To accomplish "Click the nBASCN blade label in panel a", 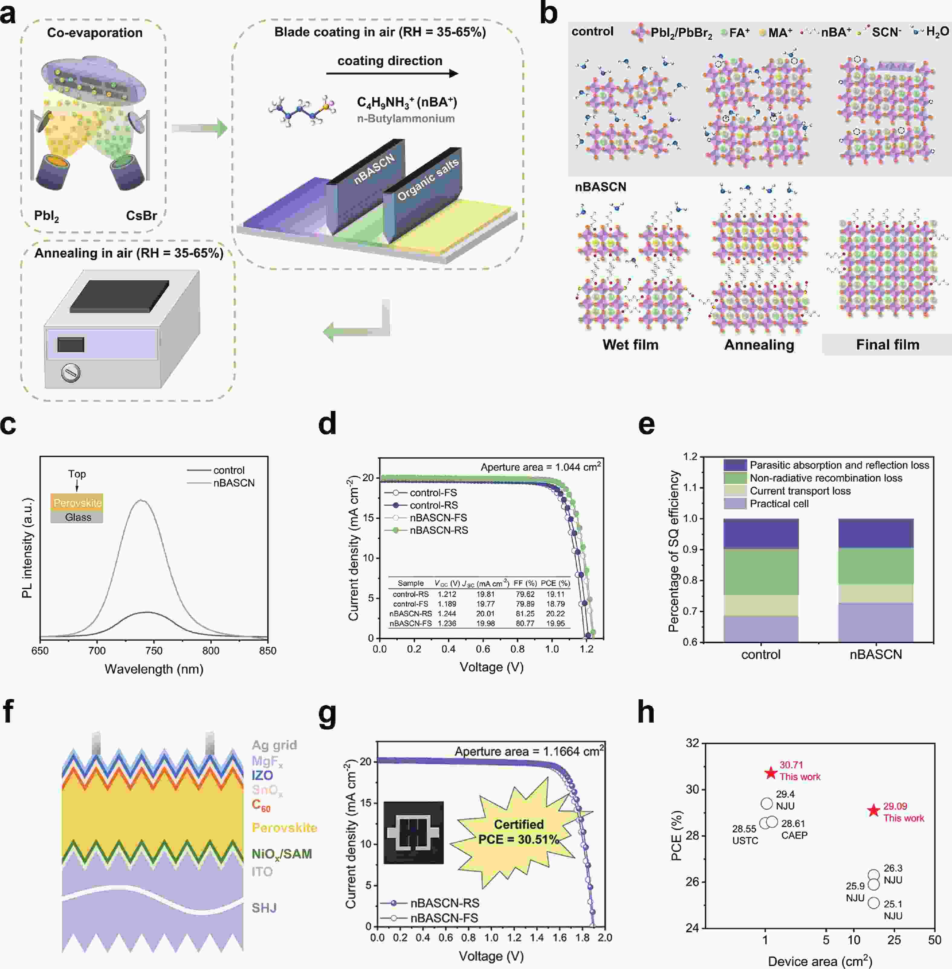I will (x=374, y=169).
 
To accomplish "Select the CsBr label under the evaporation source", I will (x=141, y=216).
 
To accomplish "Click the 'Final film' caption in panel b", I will (x=888, y=345).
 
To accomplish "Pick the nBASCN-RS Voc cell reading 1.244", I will (x=446, y=614).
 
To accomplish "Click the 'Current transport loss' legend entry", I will (x=800, y=491).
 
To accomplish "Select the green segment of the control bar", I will (x=760, y=572).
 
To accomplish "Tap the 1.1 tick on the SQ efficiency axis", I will (x=690, y=487).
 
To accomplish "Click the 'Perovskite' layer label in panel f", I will (x=284, y=828).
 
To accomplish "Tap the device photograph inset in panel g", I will (x=413, y=833).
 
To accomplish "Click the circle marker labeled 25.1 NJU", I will (x=873, y=903).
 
